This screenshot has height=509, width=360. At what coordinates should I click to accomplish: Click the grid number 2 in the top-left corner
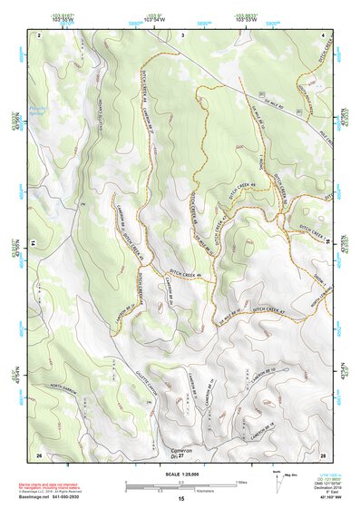40,34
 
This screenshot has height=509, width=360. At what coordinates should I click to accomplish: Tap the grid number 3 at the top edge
182,34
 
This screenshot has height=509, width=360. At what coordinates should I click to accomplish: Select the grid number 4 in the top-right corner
325,34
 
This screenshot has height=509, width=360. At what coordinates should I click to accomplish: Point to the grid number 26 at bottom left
39,453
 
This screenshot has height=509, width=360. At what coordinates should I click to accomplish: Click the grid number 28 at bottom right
323,453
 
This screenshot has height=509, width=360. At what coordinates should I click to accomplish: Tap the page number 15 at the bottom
181,499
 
